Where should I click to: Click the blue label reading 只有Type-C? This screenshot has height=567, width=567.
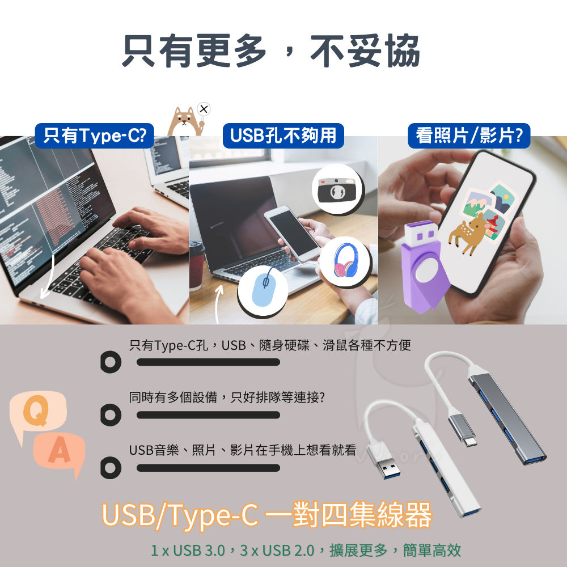[95, 136]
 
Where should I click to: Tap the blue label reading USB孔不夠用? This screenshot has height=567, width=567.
[283, 136]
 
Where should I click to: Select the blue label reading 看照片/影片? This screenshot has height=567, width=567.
[469, 136]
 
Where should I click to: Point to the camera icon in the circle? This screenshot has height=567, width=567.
[338, 188]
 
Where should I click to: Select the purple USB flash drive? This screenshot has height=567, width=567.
[422, 266]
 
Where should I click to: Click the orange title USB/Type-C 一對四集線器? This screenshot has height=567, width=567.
[266, 514]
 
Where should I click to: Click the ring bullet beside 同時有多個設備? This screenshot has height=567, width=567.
[110, 415]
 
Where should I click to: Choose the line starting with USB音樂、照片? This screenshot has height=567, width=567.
[243, 451]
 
